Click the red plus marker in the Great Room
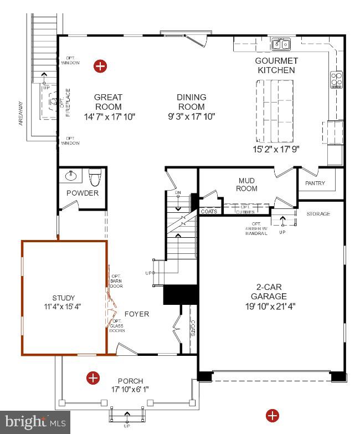pos(100,67)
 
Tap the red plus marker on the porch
pos(93,378)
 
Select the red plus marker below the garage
pos(272,415)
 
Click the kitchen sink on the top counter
pos(282,44)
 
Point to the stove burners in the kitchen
pos(336,80)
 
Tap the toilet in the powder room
pos(95,178)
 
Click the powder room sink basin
pos(71,177)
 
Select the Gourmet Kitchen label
pos(276,65)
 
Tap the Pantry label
pos(315,183)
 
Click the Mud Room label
pos(246,185)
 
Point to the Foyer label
pos(136,314)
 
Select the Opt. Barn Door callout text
pos(116,281)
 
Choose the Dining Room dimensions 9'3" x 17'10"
pos(191,116)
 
